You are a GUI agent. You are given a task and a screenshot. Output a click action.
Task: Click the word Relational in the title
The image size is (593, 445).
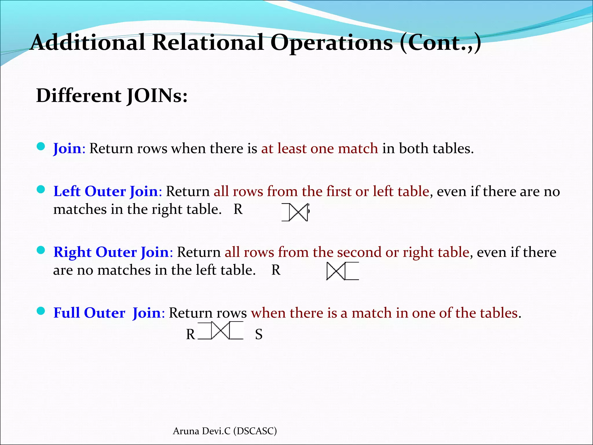208,42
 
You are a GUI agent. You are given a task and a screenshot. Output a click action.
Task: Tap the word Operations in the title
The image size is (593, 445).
331,43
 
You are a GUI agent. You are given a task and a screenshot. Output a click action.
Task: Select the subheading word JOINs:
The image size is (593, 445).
157,96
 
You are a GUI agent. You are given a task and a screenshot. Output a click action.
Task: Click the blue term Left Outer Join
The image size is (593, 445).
106,191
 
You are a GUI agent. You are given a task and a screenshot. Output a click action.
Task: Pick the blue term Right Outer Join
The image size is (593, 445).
111,252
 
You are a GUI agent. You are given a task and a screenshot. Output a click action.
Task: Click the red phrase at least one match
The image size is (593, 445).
319,148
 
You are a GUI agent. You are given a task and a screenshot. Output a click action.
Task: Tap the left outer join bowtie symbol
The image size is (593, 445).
295,213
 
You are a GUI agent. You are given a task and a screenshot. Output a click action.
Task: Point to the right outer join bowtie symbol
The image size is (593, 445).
342,271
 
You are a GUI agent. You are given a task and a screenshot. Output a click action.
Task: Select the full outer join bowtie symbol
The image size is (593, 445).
220,330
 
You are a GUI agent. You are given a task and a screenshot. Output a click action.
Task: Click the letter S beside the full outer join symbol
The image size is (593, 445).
259,335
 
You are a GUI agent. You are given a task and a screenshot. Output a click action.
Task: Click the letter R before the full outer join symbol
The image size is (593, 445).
191,335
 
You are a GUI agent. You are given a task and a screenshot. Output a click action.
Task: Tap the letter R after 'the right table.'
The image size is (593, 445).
238,209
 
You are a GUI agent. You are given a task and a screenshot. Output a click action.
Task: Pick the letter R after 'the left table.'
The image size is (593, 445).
276,270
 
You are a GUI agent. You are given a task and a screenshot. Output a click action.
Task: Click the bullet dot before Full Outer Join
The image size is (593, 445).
41,311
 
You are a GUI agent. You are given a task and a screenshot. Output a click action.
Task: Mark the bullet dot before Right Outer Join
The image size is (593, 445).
41,250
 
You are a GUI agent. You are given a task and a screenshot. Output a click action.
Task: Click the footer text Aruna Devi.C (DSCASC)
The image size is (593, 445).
225,431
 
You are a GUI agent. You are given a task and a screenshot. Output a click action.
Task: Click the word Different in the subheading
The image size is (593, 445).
79,96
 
